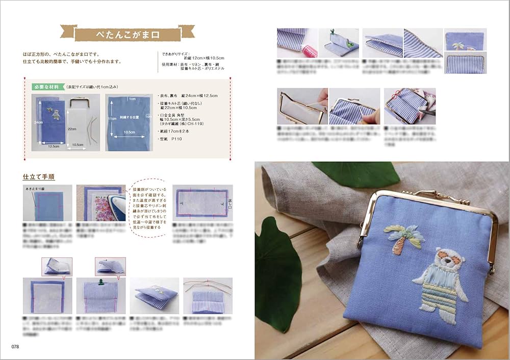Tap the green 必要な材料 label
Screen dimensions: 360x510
pyautogui.click(x=47, y=87)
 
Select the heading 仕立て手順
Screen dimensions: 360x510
pyautogui.click(x=39, y=177)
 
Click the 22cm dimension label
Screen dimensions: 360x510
pyautogui.click(x=72, y=128)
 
